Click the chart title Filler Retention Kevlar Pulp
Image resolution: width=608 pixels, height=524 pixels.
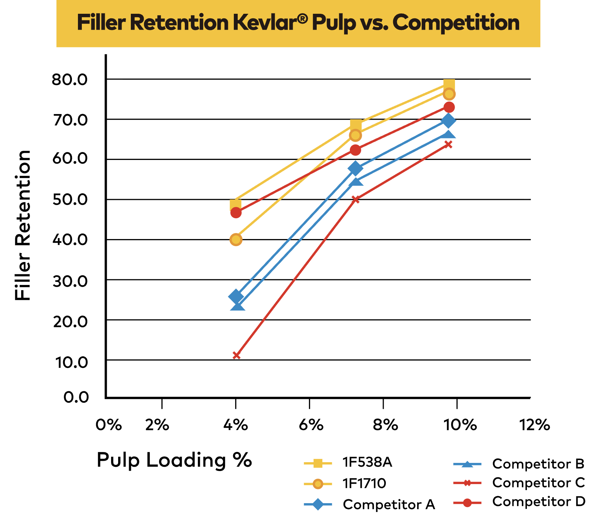[298, 23]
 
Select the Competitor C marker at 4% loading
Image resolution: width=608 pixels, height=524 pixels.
[237, 355]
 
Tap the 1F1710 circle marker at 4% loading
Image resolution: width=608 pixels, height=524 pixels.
[236, 240]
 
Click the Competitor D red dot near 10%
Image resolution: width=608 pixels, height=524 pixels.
[449, 107]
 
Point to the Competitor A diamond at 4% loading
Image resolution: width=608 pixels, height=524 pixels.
[236, 297]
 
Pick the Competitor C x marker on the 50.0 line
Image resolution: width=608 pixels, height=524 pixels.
[355, 200]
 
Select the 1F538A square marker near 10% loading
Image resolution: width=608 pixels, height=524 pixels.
[449, 85]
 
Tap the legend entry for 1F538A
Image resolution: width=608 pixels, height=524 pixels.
[367, 462]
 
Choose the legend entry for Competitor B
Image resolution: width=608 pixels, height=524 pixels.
[538, 464]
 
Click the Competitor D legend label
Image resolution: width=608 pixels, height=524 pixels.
[539, 501]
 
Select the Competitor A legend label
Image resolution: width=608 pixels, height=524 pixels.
[389, 505]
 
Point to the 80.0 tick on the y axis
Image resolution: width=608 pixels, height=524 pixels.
[70, 80]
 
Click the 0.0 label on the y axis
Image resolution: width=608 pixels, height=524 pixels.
[76, 397]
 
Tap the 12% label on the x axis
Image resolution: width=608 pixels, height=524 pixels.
[535, 425]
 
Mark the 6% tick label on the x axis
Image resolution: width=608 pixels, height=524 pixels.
[311, 425]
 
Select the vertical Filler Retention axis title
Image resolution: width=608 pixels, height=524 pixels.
[23, 225]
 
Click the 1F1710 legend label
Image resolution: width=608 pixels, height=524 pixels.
[364, 483]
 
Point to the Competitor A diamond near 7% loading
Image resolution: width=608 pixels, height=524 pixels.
[355, 168]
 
